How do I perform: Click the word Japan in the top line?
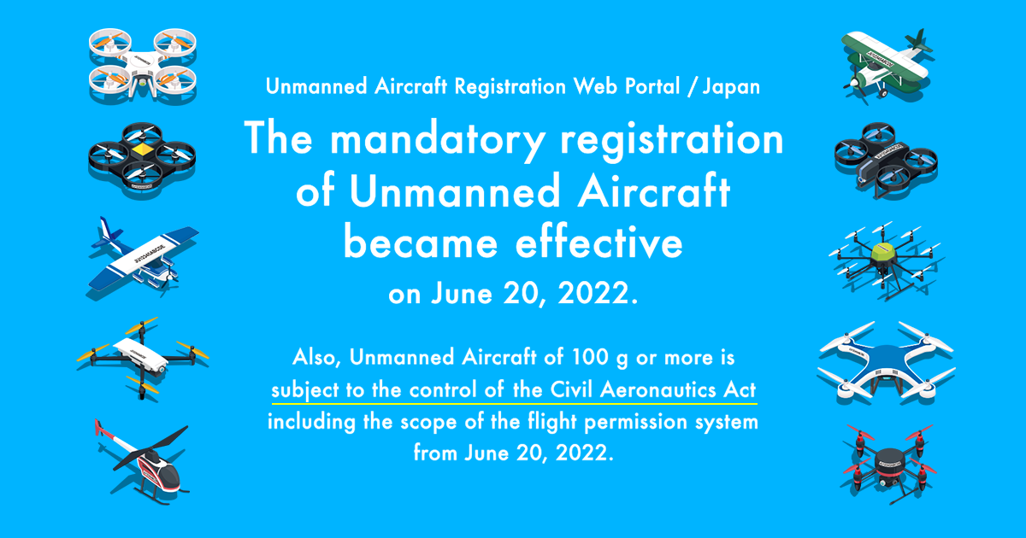[x=731, y=87]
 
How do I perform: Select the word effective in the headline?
[x=599, y=241]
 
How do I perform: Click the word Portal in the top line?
[x=652, y=86]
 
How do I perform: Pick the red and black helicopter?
[x=143, y=462]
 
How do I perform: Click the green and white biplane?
[x=887, y=65]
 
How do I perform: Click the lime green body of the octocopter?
[x=884, y=254]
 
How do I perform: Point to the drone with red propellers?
[x=888, y=464]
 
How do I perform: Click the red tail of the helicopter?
[x=98, y=427]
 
